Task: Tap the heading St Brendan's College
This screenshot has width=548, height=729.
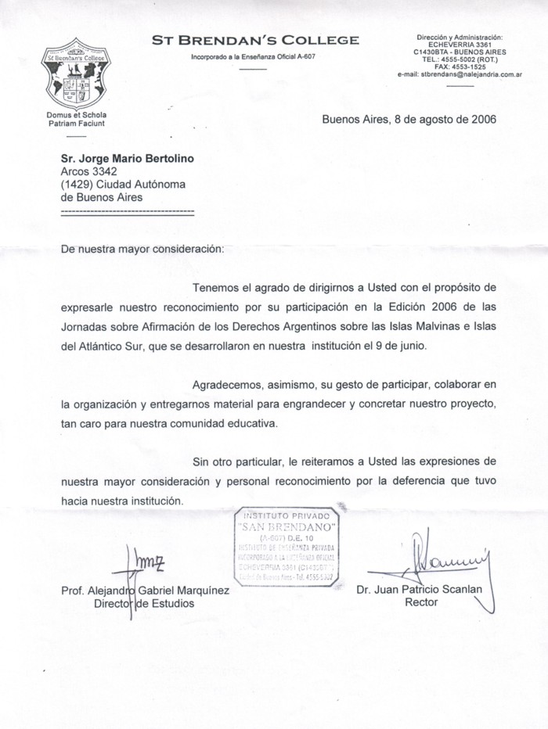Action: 255,40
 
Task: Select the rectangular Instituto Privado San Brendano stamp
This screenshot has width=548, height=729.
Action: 288,546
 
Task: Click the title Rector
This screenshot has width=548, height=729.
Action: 421,603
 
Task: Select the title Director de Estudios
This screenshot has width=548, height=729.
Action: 144,604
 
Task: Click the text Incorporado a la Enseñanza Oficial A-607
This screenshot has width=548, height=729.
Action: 254,57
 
